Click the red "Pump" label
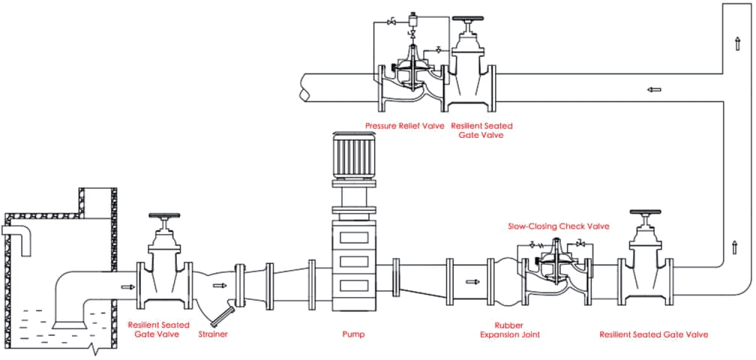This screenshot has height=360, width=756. pos(353,334)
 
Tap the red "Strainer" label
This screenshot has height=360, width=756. pos(212,334)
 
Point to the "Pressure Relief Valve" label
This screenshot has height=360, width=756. pos(405,126)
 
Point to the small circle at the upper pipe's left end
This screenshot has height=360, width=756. pos(304,96)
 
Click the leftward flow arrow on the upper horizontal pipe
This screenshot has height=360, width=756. pos(653,89)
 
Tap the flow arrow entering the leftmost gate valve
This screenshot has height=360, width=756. pos(124,286)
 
